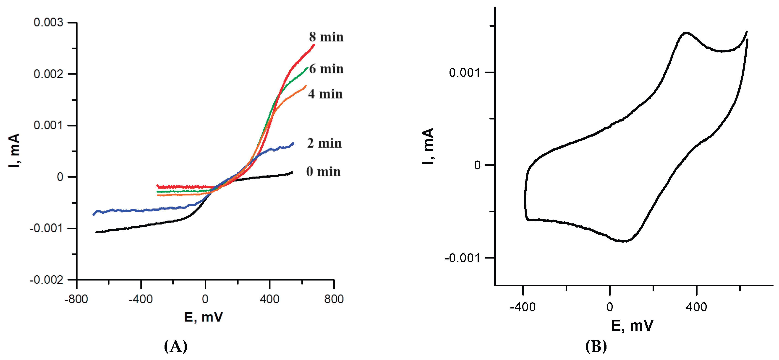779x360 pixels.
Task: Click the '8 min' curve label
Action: [326, 37]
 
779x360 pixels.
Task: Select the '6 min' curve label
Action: [326, 69]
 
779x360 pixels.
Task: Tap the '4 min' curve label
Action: [325, 94]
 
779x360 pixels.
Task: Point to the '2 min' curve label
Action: [324, 143]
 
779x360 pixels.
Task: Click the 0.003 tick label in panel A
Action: [48, 22]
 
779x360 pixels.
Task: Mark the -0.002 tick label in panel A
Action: [47, 280]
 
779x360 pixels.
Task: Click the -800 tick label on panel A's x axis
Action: [76, 299]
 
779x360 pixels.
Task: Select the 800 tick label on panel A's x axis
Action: [334, 299]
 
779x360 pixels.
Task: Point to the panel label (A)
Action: [175, 346]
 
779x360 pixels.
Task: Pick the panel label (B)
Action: [596, 346]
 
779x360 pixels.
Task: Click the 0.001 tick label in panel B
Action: [464, 73]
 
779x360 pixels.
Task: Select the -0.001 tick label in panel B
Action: [462, 258]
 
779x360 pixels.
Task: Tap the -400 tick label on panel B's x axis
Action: [523, 307]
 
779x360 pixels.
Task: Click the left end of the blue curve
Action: [94, 214]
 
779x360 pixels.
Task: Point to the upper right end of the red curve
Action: [314, 45]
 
